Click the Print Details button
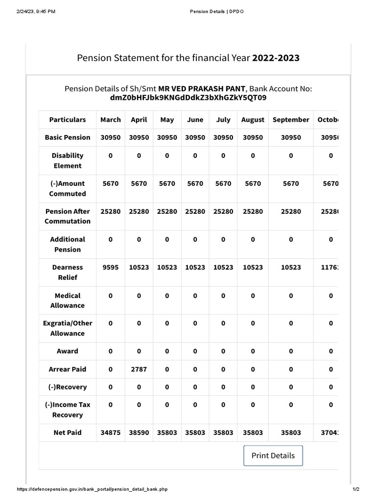pos(273,455)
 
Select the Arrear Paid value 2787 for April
pos(139,369)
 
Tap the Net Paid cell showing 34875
pos(110,433)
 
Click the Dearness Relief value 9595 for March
pos(110,268)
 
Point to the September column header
pos(291,120)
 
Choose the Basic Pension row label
pos(68,137)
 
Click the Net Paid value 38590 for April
pos(139,433)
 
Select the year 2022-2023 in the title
pos(276,58)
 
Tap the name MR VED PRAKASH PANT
pos(201,89)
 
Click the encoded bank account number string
pos(188,98)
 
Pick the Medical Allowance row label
pos(68,300)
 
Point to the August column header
pos(253,120)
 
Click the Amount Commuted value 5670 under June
pos(195,183)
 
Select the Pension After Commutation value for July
pos(223,211)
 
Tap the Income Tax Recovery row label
pos(68,410)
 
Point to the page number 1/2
pos(355,489)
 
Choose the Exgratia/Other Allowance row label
pos(68,328)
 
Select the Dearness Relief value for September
pos(291,268)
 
